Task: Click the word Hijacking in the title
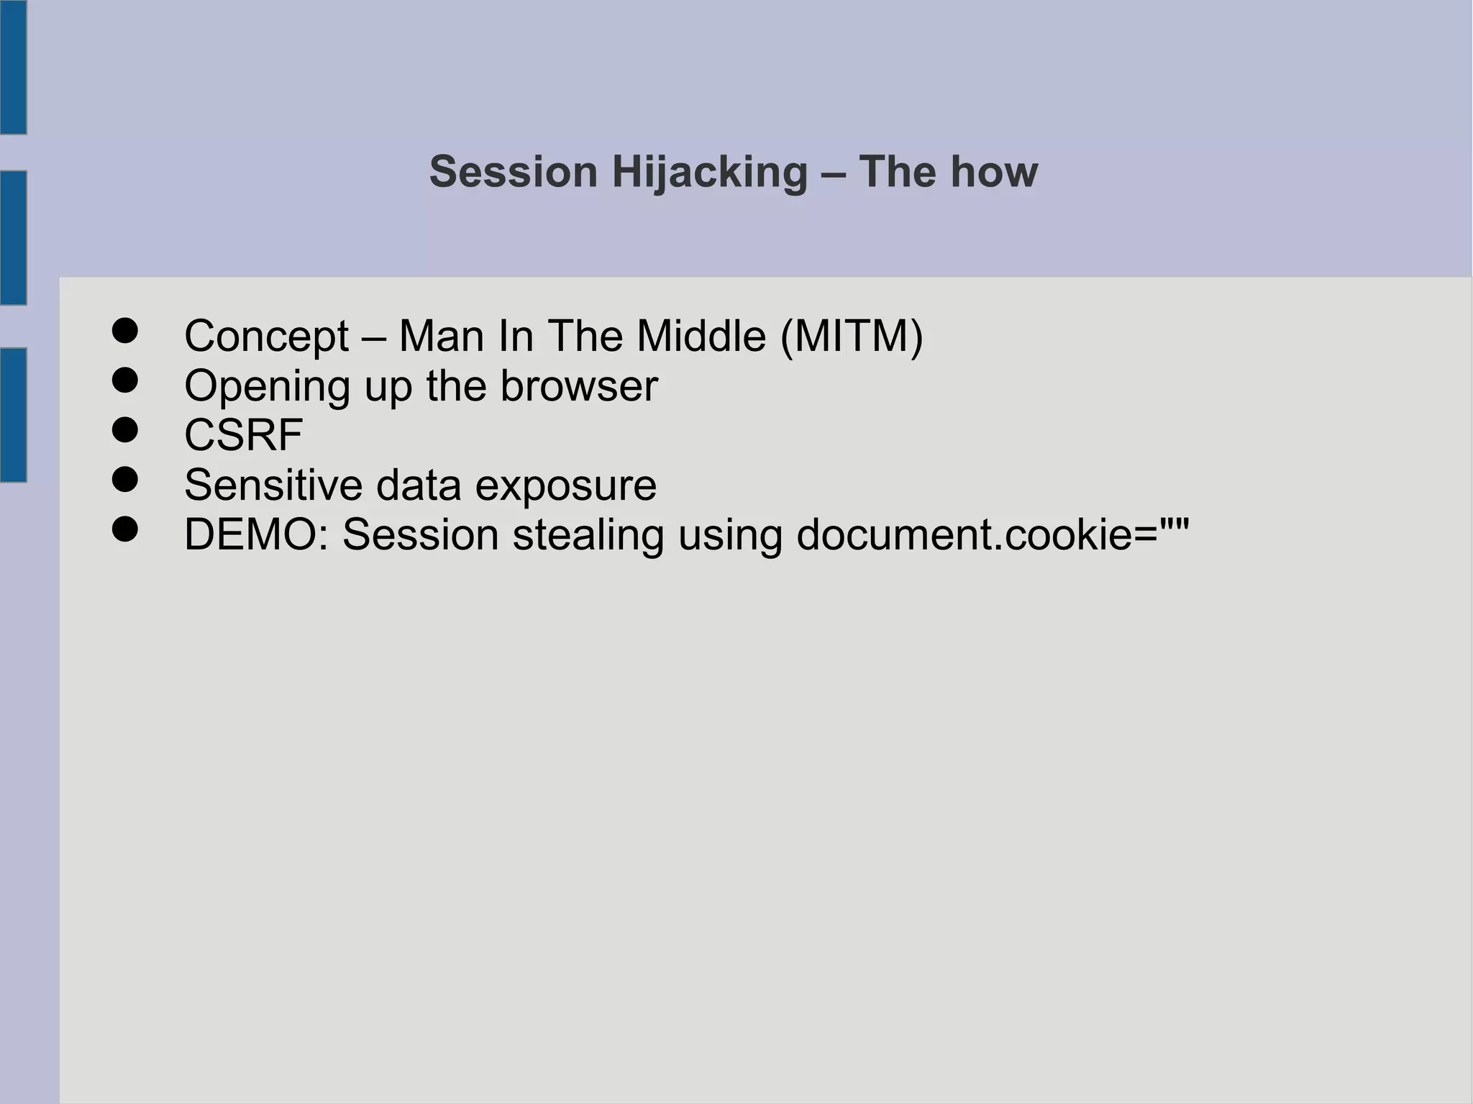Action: pos(709,173)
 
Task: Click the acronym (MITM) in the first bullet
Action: pos(852,336)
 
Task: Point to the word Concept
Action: pos(266,336)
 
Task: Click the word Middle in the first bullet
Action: pos(701,336)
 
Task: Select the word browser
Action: pos(578,386)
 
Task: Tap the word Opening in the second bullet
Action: pos(267,387)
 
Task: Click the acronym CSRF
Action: pos(243,435)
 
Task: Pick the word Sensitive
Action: pos(273,485)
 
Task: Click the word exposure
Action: pos(565,486)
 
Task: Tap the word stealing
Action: pos(587,536)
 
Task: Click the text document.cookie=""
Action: pos(993,534)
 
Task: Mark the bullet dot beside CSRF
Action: pos(125,430)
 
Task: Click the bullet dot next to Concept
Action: pos(125,331)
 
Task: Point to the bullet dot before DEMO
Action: pos(125,529)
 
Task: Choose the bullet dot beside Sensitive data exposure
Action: pos(125,480)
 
